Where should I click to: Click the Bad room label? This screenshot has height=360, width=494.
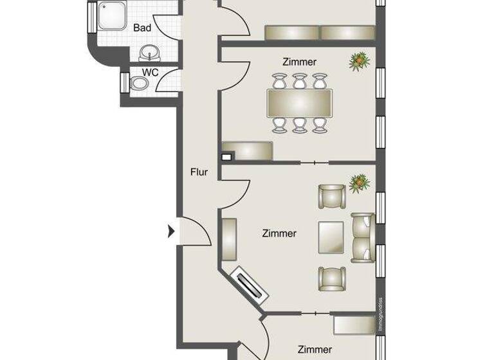pos(142,28)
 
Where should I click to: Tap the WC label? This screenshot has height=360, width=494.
pos(151,72)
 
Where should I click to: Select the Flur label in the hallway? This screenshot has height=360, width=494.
pos(199,172)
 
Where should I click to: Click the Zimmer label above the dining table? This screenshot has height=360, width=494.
pos(299,62)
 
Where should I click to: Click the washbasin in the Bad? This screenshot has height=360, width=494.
pos(150,51)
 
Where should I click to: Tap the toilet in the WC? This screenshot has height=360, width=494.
pos(138,84)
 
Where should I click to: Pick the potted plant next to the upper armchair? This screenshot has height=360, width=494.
pos(360,183)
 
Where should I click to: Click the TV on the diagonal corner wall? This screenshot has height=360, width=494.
pos(250,285)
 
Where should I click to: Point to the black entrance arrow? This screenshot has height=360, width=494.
pos(171,231)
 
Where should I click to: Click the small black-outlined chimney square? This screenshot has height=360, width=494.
pos(226,156)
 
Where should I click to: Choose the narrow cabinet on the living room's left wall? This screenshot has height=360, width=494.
pos(230,239)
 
